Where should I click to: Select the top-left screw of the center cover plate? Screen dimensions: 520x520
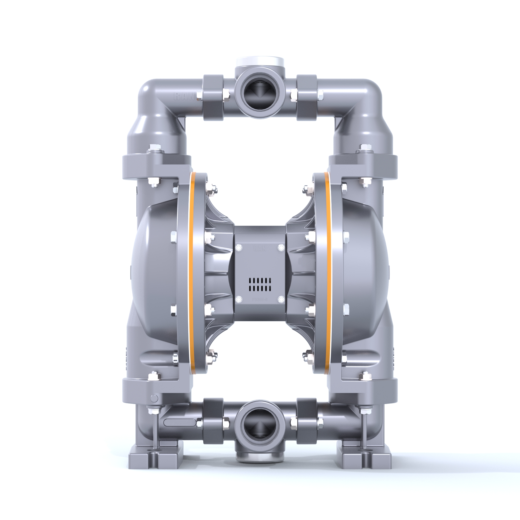(x=239, y=247)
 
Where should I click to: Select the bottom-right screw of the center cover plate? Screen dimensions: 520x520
(x=281, y=299)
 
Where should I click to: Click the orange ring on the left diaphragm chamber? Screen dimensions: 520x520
(x=192, y=273)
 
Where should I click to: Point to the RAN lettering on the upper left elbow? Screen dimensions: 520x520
(x=184, y=96)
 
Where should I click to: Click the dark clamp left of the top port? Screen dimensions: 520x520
(x=213, y=97)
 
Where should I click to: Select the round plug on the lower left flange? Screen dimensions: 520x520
(x=154, y=398)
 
